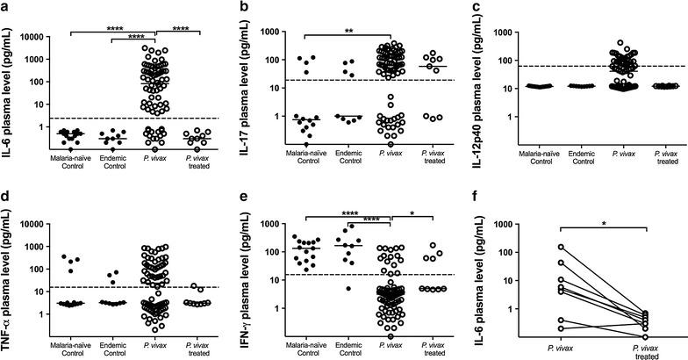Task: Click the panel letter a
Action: (6, 7)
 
